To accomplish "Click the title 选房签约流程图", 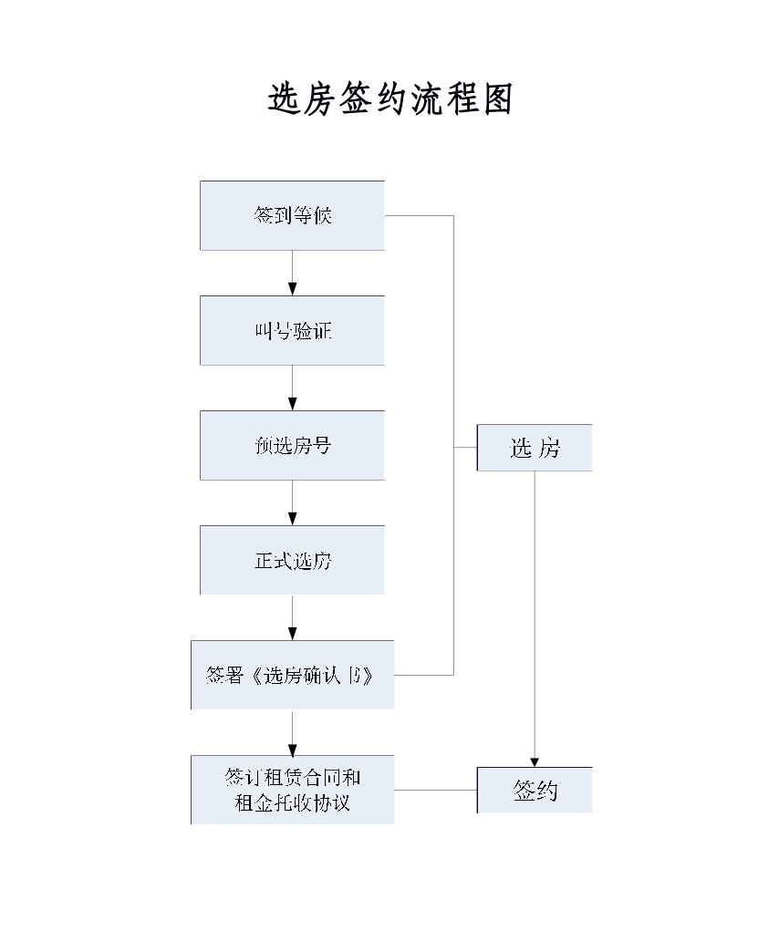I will [390, 98].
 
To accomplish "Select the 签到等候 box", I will [292, 215].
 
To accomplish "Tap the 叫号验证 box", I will [292, 330].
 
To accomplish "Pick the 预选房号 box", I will [292, 445].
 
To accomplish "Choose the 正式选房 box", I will [292, 560].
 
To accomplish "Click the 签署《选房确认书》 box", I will [292, 675].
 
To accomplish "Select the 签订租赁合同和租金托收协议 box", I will [292, 790].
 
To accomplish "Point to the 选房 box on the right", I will [535, 448].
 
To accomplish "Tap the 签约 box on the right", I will [535, 790].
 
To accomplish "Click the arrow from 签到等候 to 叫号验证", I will [292, 273].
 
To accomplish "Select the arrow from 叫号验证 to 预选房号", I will [292, 388].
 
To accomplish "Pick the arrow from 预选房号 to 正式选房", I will [292, 502].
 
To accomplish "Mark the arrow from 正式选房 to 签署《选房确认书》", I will [292, 617].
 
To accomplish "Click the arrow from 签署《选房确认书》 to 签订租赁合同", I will [292, 732].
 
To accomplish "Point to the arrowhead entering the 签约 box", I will [535, 761].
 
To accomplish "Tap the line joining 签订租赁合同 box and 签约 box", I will [435, 790].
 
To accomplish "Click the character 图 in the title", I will [498, 98].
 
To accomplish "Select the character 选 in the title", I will [284, 98].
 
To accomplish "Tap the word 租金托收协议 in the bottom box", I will [292, 803].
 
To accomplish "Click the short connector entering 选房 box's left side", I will [465, 448].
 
